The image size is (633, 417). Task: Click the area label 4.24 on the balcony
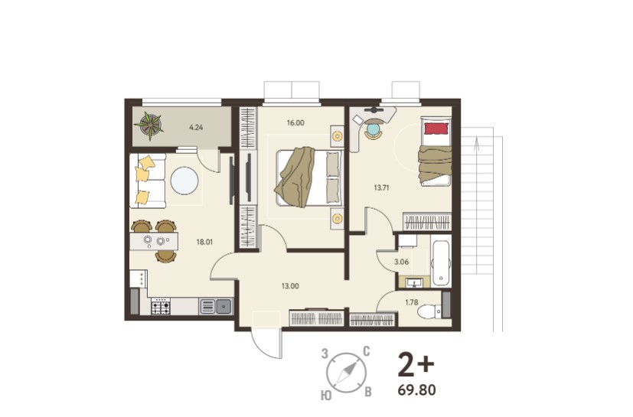tap(196, 128)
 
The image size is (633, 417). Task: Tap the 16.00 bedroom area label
tap(295, 122)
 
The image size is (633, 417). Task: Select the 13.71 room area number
tap(381, 187)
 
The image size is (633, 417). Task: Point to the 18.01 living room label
tap(204, 243)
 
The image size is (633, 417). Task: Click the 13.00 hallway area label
tap(290, 286)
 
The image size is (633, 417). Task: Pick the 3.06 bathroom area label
tap(402, 262)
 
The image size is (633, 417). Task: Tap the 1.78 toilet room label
tap(411, 302)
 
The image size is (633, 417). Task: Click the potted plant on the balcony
tap(150, 125)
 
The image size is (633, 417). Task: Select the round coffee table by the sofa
tap(184, 181)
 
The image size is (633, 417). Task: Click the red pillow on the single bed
tap(436, 129)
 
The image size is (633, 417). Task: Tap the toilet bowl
tap(427, 311)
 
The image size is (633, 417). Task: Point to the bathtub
tap(441, 261)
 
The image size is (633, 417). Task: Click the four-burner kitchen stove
tap(161, 306)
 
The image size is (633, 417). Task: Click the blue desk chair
tap(374, 130)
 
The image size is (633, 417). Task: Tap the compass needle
tap(347, 372)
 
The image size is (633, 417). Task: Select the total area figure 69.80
tap(416, 390)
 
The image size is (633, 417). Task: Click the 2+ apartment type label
tap(416, 364)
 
